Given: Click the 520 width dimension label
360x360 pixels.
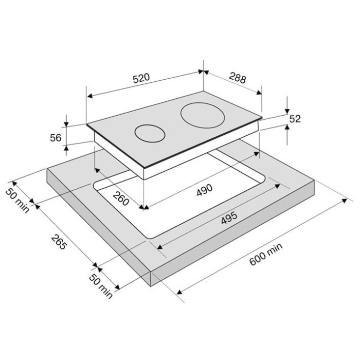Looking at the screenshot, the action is (141, 78).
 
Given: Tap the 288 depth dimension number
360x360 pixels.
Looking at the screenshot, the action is (238, 77).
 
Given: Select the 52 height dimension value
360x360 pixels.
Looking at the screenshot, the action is (295, 119).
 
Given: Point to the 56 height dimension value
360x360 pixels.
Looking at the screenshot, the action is (56, 138).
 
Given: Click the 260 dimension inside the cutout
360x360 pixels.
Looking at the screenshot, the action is (121, 199).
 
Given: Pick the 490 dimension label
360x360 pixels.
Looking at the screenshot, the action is (205, 190).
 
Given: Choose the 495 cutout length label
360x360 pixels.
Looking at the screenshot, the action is (229, 218).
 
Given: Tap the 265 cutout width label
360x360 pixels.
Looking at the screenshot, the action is (59, 242).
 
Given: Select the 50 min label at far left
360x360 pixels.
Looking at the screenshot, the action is (17, 200).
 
